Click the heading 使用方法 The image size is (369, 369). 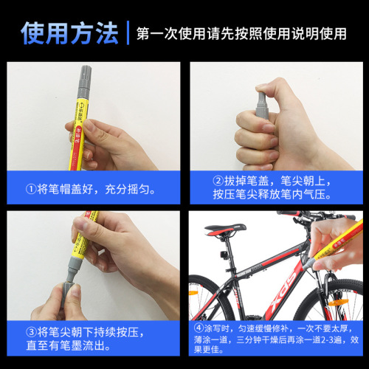click(x=69, y=32)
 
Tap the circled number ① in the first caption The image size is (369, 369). click(x=30, y=190)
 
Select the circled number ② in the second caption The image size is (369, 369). click(x=218, y=181)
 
